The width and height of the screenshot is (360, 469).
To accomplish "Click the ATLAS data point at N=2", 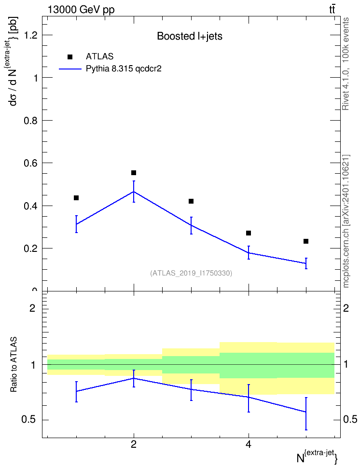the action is pyautogui.click(x=134, y=173).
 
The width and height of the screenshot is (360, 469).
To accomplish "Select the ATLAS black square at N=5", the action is pyautogui.click(x=306, y=241).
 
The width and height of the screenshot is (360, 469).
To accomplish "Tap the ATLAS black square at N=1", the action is pyautogui.click(x=76, y=198).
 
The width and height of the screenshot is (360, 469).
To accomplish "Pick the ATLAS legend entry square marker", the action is pyautogui.click(x=70, y=57).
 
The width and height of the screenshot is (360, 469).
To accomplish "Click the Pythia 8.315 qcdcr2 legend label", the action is pyautogui.click(x=124, y=69).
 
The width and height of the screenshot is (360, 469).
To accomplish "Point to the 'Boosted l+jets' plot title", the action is pyautogui.click(x=190, y=36).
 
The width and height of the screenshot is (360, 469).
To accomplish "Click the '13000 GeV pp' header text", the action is pyautogui.click(x=81, y=10).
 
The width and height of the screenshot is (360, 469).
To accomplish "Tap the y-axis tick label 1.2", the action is pyautogui.click(x=31, y=35).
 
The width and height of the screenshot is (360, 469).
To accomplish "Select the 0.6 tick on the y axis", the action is pyautogui.click(x=31, y=163).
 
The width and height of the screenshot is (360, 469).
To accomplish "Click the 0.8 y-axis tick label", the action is pyautogui.click(x=31, y=121).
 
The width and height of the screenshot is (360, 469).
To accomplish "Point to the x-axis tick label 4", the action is pyautogui.click(x=249, y=444).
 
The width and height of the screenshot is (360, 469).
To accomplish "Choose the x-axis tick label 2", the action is pyautogui.click(x=134, y=444).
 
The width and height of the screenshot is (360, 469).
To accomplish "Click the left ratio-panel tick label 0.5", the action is pyautogui.click(x=29, y=420).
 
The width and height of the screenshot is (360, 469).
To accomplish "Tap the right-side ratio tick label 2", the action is pyautogui.click(x=346, y=308).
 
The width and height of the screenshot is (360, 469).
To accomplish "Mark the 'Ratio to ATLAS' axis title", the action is pyautogui.click(x=14, y=365).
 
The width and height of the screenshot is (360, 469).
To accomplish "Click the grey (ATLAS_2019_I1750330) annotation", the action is pyautogui.click(x=191, y=273).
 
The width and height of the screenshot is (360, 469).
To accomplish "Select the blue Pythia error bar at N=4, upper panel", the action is pyautogui.click(x=249, y=252).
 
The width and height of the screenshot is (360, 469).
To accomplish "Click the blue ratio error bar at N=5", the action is pyautogui.click(x=306, y=414).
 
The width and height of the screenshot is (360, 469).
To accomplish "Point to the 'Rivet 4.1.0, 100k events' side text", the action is pyautogui.click(x=346, y=64).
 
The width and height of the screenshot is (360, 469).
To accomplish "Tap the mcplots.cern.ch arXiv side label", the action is pyautogui.click(x=346, y=221).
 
